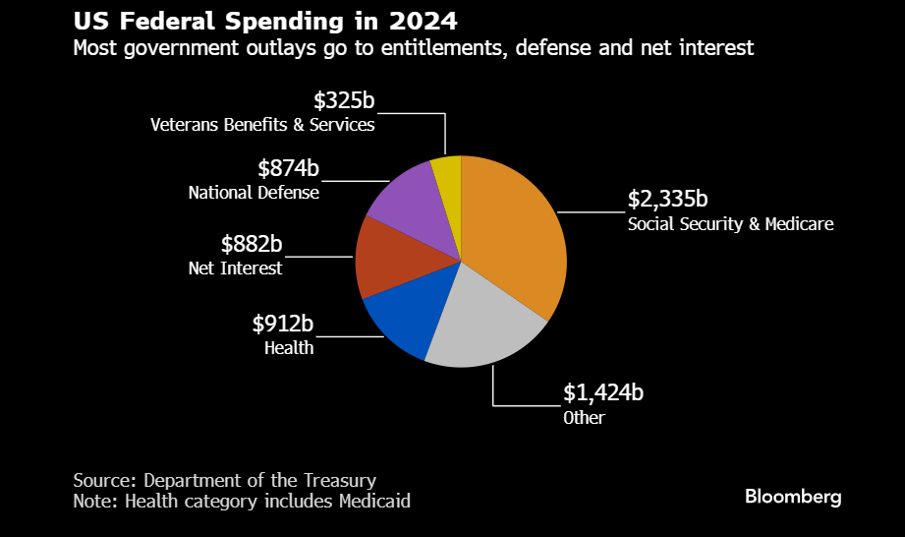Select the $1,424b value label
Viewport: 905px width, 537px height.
pos(603,393)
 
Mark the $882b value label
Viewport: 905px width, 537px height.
pos(252,244)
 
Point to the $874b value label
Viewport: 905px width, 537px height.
pos(288,168)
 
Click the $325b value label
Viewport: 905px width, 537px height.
pos(344,100)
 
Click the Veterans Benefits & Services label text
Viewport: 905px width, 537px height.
pos(262,125)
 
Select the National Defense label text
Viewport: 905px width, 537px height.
pos(254,193)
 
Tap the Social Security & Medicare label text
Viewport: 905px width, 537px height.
pos(730,224)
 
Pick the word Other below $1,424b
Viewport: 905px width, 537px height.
pos(584,418)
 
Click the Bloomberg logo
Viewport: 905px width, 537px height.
pos(793,497)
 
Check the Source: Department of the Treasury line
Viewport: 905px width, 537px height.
pos(224,480)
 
